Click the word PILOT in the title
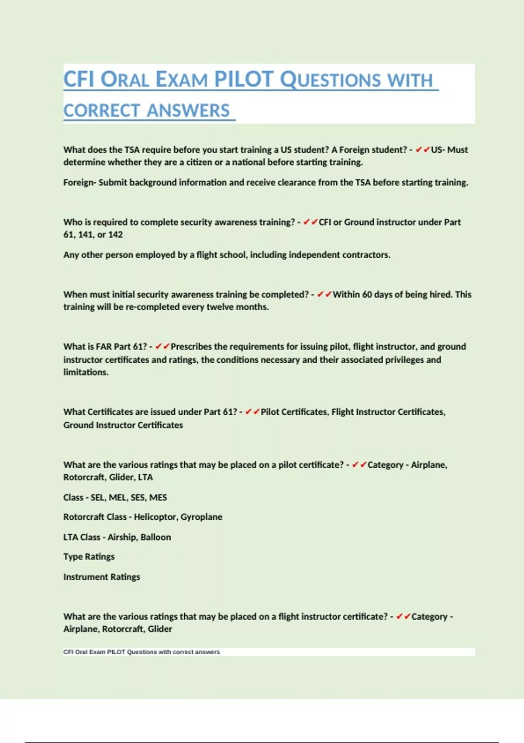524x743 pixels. coord(244,80)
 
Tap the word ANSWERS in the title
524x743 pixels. coord(188,111)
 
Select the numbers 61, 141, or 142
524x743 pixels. coord(93,235)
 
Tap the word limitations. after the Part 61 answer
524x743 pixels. coord(86,372)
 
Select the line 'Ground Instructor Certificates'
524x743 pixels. coord(123,425)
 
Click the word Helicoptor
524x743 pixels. coord(155,517)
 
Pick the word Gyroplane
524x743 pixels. coord(201,517)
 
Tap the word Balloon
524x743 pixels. coord(156,537)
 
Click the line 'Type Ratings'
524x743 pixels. coord(89,557)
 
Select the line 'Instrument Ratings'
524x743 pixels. coord(102,577)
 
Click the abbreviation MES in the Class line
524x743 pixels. coord(158,498)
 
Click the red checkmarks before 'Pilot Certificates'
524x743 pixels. coord(252,412)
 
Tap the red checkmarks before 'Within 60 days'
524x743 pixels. coord(324,295)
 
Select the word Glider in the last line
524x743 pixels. coord(160,629)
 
